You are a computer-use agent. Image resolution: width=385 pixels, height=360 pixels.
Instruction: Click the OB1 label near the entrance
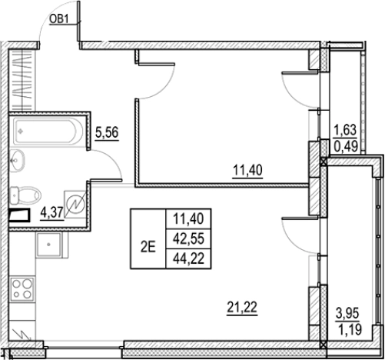tap(58, 19)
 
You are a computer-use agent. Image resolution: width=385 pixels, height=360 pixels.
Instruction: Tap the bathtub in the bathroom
tap(49, 132)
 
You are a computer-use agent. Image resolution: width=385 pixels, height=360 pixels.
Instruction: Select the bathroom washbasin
tap(18, 160)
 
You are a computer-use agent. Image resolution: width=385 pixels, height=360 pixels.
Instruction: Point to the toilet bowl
tap(25, 195)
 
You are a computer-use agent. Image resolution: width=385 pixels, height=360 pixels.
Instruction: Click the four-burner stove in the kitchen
tap(22, 288)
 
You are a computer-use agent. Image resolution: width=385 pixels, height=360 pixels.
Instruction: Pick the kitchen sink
tap(48, 245)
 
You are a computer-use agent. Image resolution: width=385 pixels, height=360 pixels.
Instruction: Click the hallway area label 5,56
tap(107, 133)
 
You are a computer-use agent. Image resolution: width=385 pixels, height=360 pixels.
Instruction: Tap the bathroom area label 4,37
tap(51, 213)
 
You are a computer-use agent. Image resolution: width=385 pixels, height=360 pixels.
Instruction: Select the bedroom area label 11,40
tap(247, 171)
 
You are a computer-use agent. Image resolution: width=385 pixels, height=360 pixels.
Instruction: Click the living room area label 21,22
tap(242, 308)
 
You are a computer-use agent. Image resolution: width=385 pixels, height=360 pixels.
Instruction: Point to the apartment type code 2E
tap(148, 248)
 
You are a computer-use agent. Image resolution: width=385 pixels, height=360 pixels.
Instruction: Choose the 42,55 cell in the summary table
tap(188, 238)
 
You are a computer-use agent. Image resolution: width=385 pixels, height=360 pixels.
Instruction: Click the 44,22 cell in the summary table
tap(188, 258)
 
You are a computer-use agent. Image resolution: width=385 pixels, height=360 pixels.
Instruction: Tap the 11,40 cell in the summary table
tap(188, 219)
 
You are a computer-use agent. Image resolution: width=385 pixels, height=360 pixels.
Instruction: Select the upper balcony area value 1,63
tap(345, 130)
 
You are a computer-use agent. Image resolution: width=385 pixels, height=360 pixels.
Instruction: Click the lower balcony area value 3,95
tap(348, 314)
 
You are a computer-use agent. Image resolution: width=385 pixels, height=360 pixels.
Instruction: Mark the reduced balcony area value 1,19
tap(350, 329)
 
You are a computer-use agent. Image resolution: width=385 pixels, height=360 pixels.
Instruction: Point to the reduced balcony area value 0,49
tap(346, 147)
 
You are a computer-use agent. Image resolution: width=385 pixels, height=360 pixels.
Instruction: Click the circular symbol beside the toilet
tap(75, 204)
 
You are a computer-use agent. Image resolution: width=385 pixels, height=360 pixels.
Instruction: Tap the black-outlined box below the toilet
tap(20, 215)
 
